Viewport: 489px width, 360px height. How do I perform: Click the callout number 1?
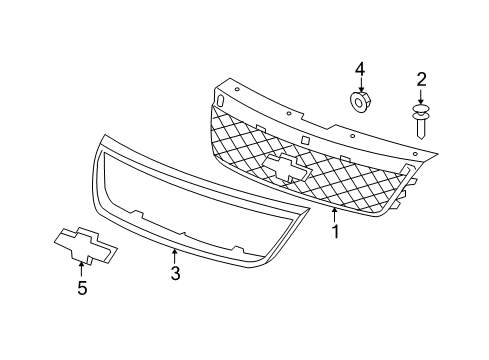tap(336, 232)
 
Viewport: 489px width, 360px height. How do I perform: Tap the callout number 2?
tap(422, 78)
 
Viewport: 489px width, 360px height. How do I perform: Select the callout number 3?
tap(175, 273)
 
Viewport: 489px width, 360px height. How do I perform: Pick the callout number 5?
tap(82, 290)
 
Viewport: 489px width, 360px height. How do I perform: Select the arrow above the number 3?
tap(175, 254)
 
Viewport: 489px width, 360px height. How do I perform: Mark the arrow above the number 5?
tap(82, 270)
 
